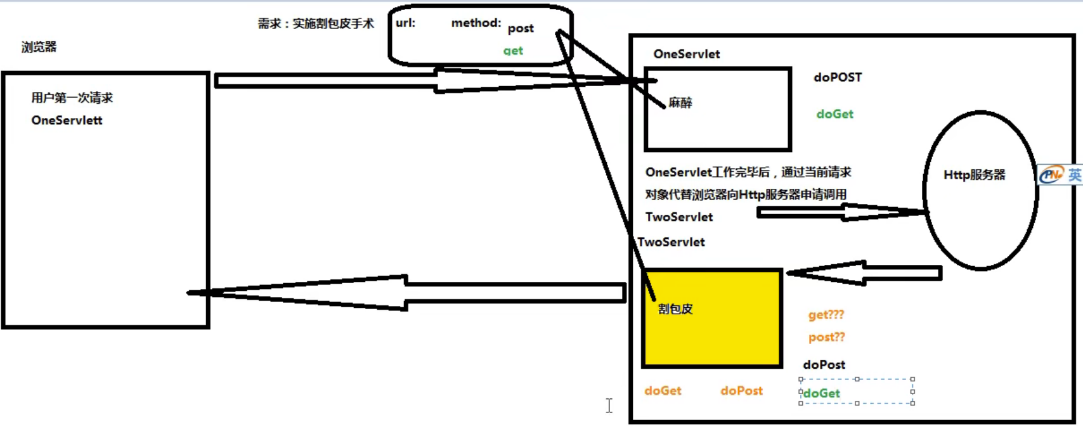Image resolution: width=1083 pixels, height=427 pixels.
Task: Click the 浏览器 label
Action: (x=39, y=47)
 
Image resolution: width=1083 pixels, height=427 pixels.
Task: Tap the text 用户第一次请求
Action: (x=72, y=98)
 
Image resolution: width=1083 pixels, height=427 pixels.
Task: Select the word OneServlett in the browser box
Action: (x=67, y=120)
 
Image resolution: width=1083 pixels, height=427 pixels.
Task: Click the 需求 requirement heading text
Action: (x=315, y=23)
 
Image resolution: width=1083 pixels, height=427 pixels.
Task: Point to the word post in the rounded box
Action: (x=521, y=29)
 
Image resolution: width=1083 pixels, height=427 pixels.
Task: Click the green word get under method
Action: (x=513, y=51)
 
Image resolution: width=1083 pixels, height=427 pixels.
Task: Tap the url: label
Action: (x=405, y=23)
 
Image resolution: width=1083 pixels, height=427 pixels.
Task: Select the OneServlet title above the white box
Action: (x=686, y=54)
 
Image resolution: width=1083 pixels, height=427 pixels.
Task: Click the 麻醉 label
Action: (x=680, y=103)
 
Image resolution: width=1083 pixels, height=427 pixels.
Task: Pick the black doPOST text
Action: (x=838, y=77)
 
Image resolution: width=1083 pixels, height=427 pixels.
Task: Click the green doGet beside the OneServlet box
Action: (x=834, y=114)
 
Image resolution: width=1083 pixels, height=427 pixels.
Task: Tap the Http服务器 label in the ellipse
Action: (x=974, y=175)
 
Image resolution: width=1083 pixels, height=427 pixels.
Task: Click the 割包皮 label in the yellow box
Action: (x=675, y=309)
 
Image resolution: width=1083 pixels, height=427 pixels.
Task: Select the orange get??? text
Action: (x=826, y=315)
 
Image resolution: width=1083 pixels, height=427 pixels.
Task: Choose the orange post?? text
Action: (x=826, y=337)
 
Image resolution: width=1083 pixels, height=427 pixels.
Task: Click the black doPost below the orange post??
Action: (x=824, y=364)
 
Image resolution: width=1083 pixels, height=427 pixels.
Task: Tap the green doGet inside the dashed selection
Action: (x=821, y=393)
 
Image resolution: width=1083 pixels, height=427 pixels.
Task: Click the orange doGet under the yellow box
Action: (x=663, y=391)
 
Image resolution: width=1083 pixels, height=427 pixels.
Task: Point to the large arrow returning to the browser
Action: (x=406, y=293)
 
